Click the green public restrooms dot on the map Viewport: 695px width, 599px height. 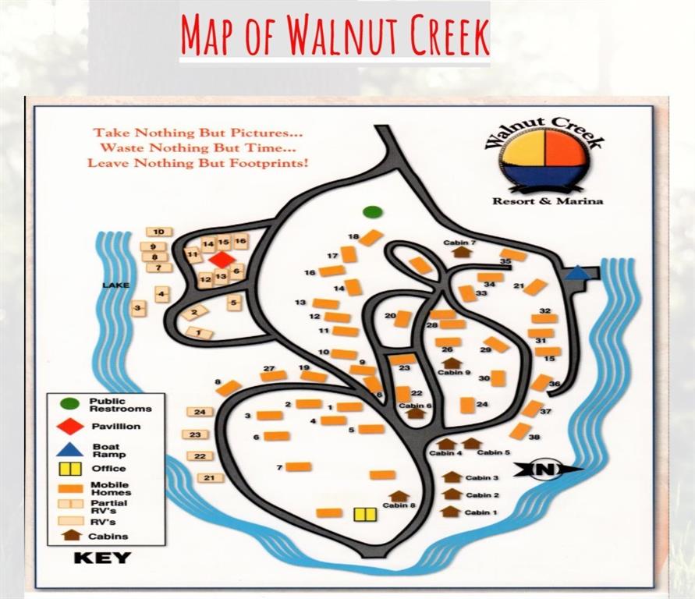click(x=373, y=211)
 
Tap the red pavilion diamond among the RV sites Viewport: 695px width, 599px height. click(x=222, y=260)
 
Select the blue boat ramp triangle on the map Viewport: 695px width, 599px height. click(x=576, y=272)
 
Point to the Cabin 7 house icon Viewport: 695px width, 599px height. click(x=461, y=251)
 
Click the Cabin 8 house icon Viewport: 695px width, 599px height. click(x=399, y=495)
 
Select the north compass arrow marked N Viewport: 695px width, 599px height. click(x=547, y=469)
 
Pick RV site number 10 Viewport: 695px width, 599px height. click(x=158, y=232)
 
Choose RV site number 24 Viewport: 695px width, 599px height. click(x=200, y=412)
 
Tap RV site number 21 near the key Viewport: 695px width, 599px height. click(x=209, y=477)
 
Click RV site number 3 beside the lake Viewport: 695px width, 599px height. click(x=138, y=309)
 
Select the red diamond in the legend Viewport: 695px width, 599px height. click(x=70, y=427)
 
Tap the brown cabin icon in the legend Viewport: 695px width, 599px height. click(x=71, y=535)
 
